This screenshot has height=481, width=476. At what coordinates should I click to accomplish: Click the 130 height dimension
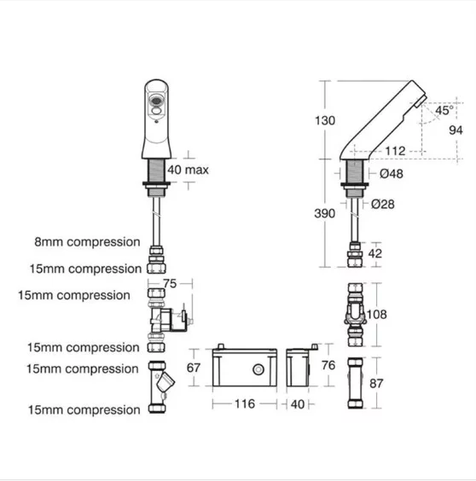point(325,120)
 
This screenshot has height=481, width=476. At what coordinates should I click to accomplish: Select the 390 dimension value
point(324,213)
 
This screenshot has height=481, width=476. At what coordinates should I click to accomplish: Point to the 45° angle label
point(444,110)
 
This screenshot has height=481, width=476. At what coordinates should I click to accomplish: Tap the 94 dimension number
point(456,130)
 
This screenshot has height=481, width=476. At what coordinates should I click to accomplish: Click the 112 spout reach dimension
point(395,151)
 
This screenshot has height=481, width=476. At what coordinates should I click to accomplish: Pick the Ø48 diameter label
point(392,174)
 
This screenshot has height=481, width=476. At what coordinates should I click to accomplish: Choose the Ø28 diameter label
point(383,204)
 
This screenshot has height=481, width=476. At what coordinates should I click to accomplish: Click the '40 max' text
point(188,170)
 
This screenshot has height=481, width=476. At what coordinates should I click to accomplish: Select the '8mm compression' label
point(87,241)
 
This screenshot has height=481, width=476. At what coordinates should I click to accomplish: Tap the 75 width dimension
point(170,283)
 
